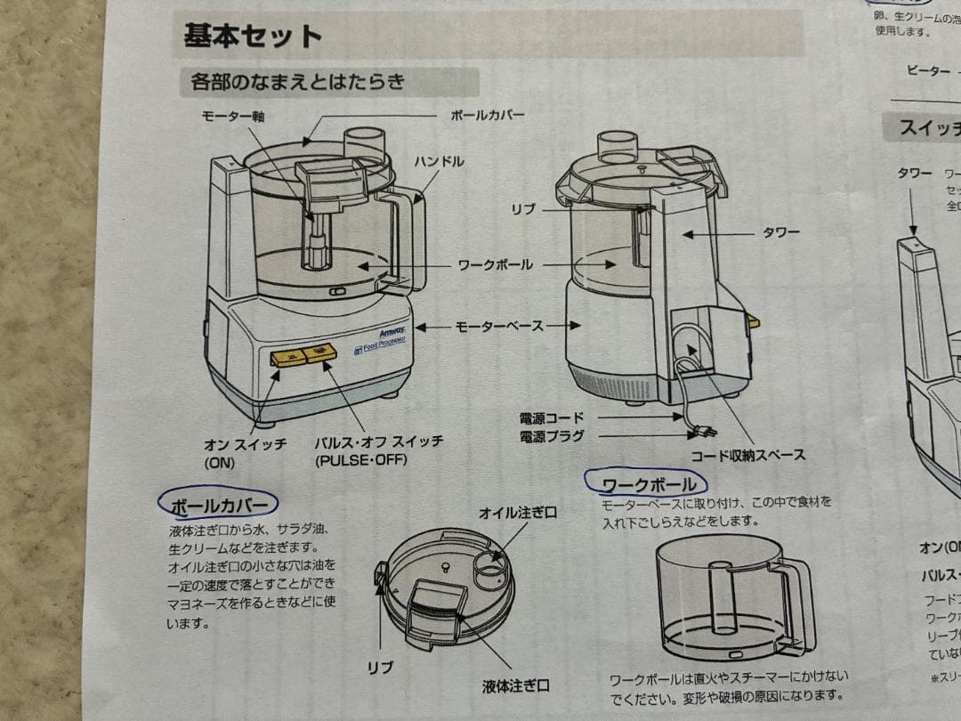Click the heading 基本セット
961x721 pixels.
point(252,37)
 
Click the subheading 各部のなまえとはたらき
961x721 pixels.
point(298,83)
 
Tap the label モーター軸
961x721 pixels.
point(234,117)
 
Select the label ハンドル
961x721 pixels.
point(438,161)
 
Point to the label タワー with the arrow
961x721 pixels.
point(780,233)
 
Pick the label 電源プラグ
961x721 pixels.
point(552,435)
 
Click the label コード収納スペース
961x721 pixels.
point(748,455)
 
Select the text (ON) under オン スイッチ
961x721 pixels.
point(219,463)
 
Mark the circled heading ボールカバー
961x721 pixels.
point(218,505)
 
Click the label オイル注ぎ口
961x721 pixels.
point(518,513)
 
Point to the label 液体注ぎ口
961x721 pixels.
point(516,685)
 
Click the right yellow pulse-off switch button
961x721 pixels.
point(319,355)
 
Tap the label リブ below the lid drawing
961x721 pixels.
point(381,666)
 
